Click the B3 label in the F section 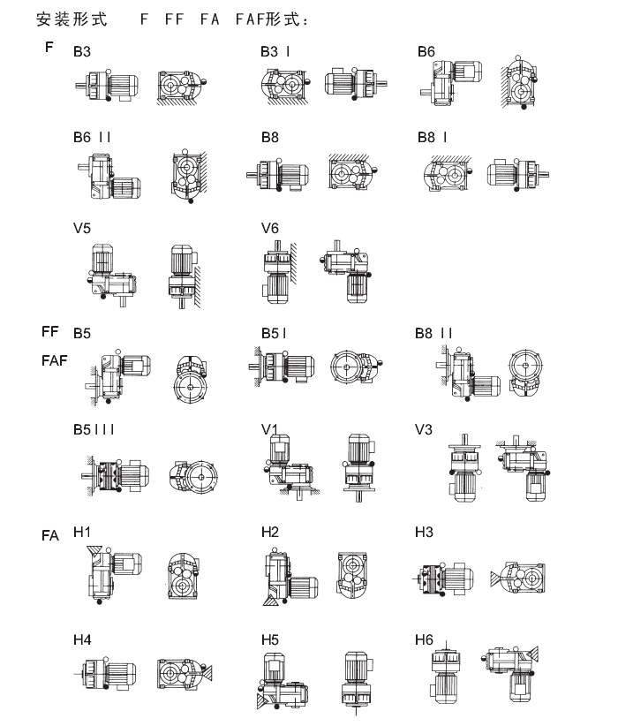(82, 51)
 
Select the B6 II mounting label (92, 137)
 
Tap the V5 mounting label (82, 228)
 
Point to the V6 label (270, 228)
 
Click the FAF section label (54, 360)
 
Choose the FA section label (50, 536)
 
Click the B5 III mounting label (94, 429)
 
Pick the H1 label (81, 532)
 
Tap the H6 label (424, 639)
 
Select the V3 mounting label (424, 429)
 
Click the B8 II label (433, 333)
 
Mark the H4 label (82, 639)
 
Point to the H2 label (270, 532)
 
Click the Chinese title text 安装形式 (72, 19)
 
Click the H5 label (270, 639)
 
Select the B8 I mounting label (433, 137)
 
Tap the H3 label (424, 532)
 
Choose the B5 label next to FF (82, 333)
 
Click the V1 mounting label (269, 429)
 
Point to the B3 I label (275, 51)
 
